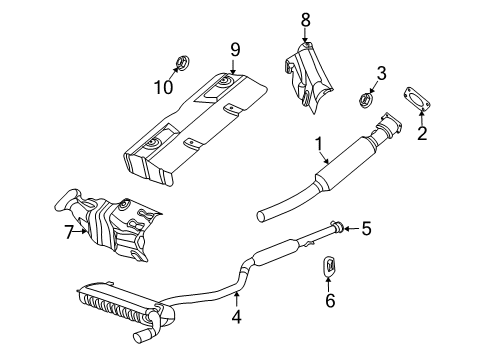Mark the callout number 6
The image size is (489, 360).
point(329,301)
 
